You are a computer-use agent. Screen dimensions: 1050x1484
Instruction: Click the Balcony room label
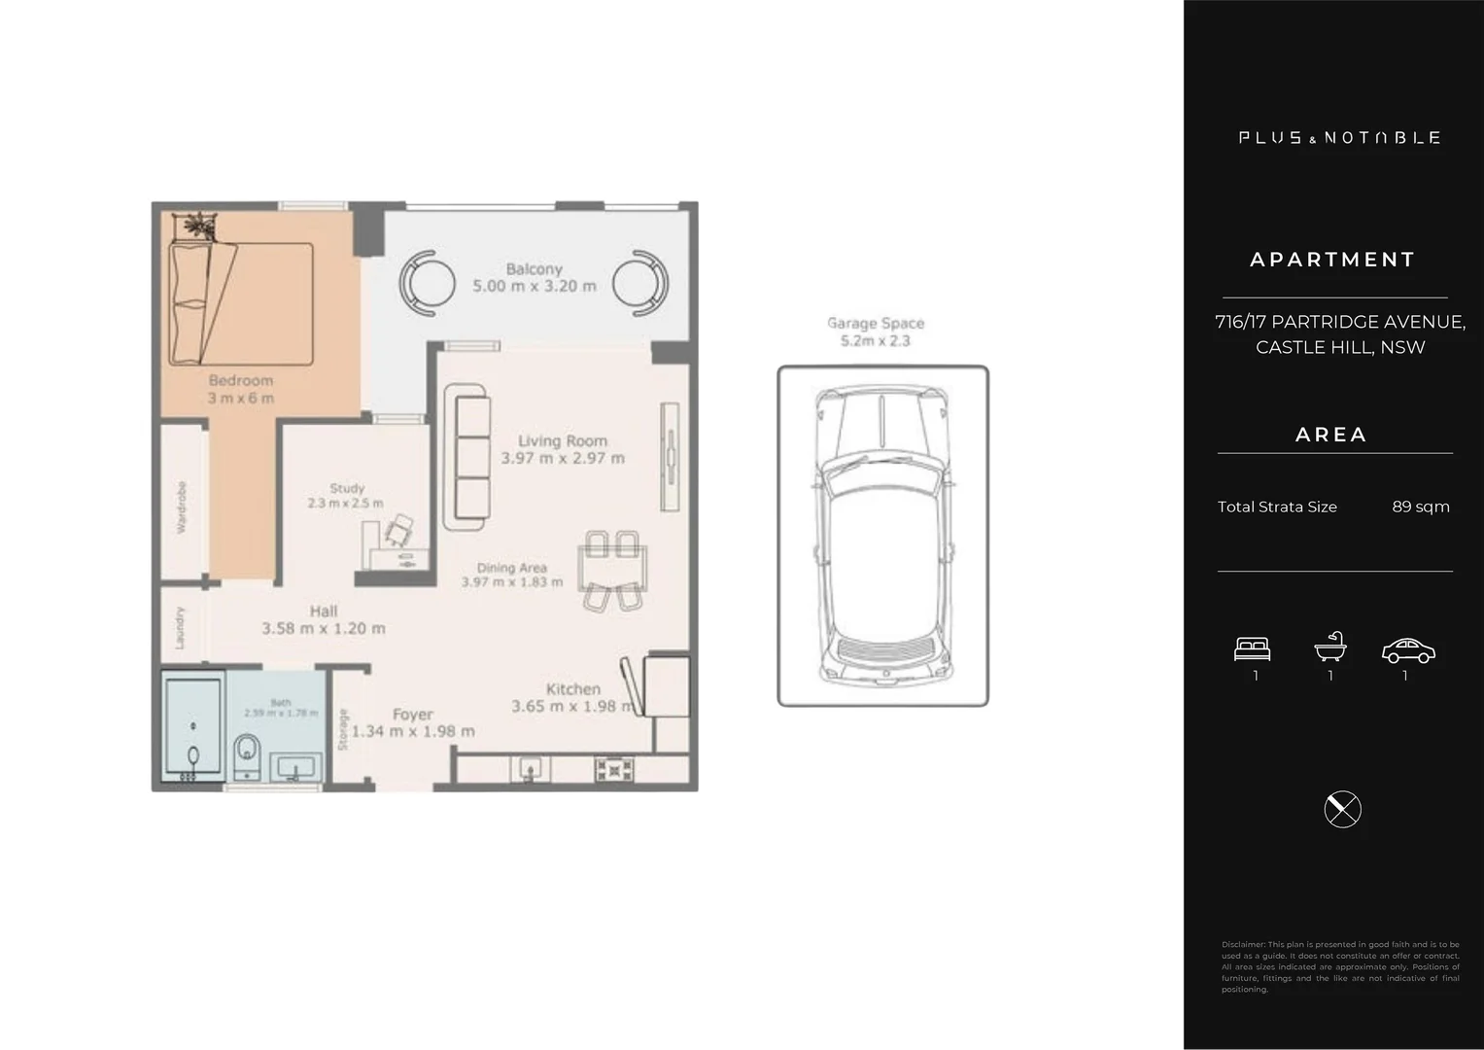pos(534,269)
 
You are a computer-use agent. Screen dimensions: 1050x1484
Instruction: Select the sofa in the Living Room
pos(466,457)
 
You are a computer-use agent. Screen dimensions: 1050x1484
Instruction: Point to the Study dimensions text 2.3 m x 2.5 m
pos(345,504)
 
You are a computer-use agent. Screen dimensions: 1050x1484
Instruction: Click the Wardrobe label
pos(182,507)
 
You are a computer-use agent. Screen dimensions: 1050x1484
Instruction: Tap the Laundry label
pos(180,628)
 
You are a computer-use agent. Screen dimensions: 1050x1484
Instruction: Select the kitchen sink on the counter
pos(530,769)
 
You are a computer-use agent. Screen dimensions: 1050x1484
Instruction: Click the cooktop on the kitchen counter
pos(614,769)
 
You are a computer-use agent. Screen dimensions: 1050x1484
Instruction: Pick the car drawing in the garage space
pos(882,535)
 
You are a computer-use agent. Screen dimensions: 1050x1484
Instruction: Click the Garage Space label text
pos(875,324)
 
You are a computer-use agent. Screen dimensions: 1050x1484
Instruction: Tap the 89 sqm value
pos(1420,507)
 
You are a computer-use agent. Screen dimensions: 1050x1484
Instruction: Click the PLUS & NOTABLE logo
pos(1339,138)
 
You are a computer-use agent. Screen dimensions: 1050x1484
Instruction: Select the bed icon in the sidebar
pos(1252,648)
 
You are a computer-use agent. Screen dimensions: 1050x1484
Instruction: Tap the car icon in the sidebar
pos(1407,650)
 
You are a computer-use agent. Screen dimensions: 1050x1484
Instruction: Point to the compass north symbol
pos(1342,809)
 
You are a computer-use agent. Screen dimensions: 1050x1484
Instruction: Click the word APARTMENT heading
pos(1332,260)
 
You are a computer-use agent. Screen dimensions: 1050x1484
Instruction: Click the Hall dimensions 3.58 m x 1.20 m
pos(323,629)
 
